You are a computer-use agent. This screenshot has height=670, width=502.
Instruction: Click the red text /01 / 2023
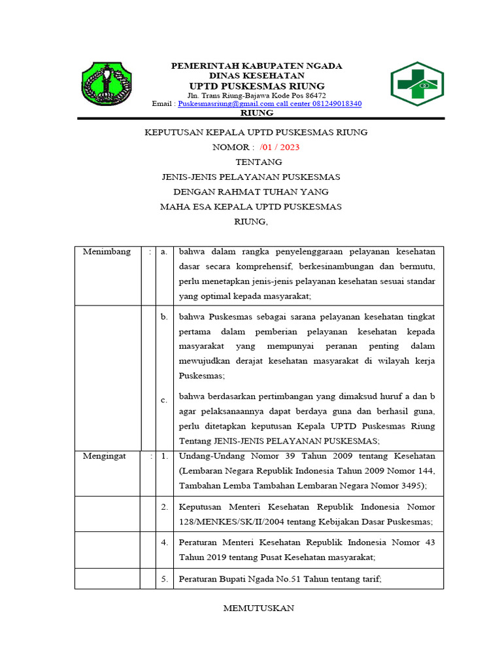(x=278, y=147)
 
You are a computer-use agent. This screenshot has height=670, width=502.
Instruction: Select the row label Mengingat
(x=105, y=456)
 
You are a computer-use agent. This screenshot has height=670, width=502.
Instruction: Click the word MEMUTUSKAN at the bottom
(x=259, y=608)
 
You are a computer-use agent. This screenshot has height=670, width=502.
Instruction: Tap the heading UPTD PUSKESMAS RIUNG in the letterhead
(x=256, y=86)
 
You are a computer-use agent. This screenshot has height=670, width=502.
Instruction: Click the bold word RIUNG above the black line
(x=258, y=113)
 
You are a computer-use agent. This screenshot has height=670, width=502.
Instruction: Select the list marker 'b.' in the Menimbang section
(x=164, y=317)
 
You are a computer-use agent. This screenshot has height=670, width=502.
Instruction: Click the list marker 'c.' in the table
(x=164, y=400)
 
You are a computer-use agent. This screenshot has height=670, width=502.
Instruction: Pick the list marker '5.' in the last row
(x=164, y=579)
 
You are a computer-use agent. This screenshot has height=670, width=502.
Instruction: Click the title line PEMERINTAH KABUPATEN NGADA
(x=256, y=66)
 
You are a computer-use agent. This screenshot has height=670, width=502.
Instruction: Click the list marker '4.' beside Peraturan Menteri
(x=164, y=542)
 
